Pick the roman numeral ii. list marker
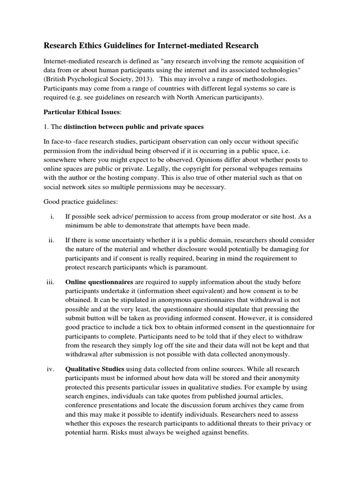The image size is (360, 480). pos(52,240)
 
